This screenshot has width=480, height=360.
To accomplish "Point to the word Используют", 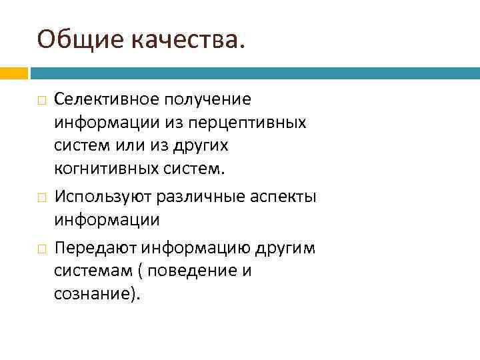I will pyautogui.click(x=104, y=197).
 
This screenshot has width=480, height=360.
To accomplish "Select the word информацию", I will pyautogui.click(x=194, y=248).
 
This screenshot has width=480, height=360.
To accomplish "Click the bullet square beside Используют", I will pyautogui.click(x=41, y=198).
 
